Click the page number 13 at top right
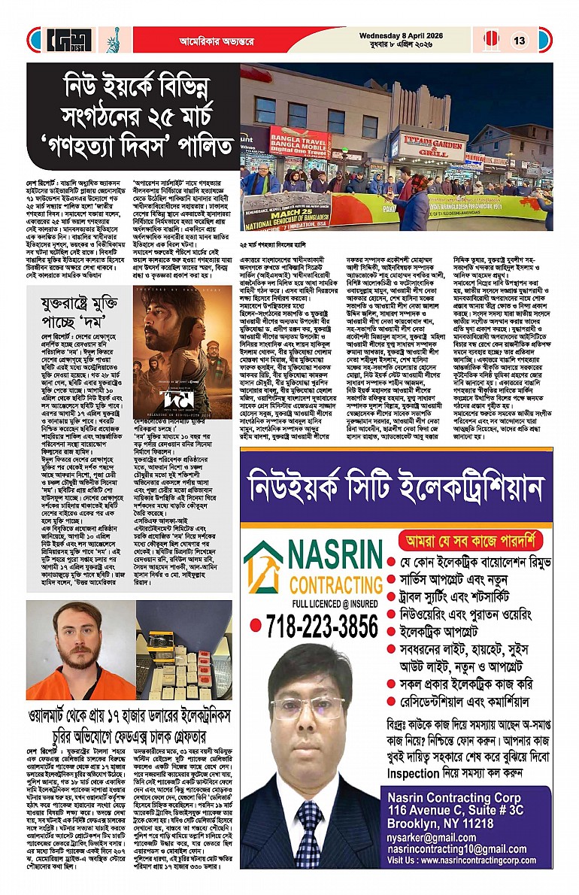(520, 41)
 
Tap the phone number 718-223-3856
(315, 625)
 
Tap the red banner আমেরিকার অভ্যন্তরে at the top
(217, 40)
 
